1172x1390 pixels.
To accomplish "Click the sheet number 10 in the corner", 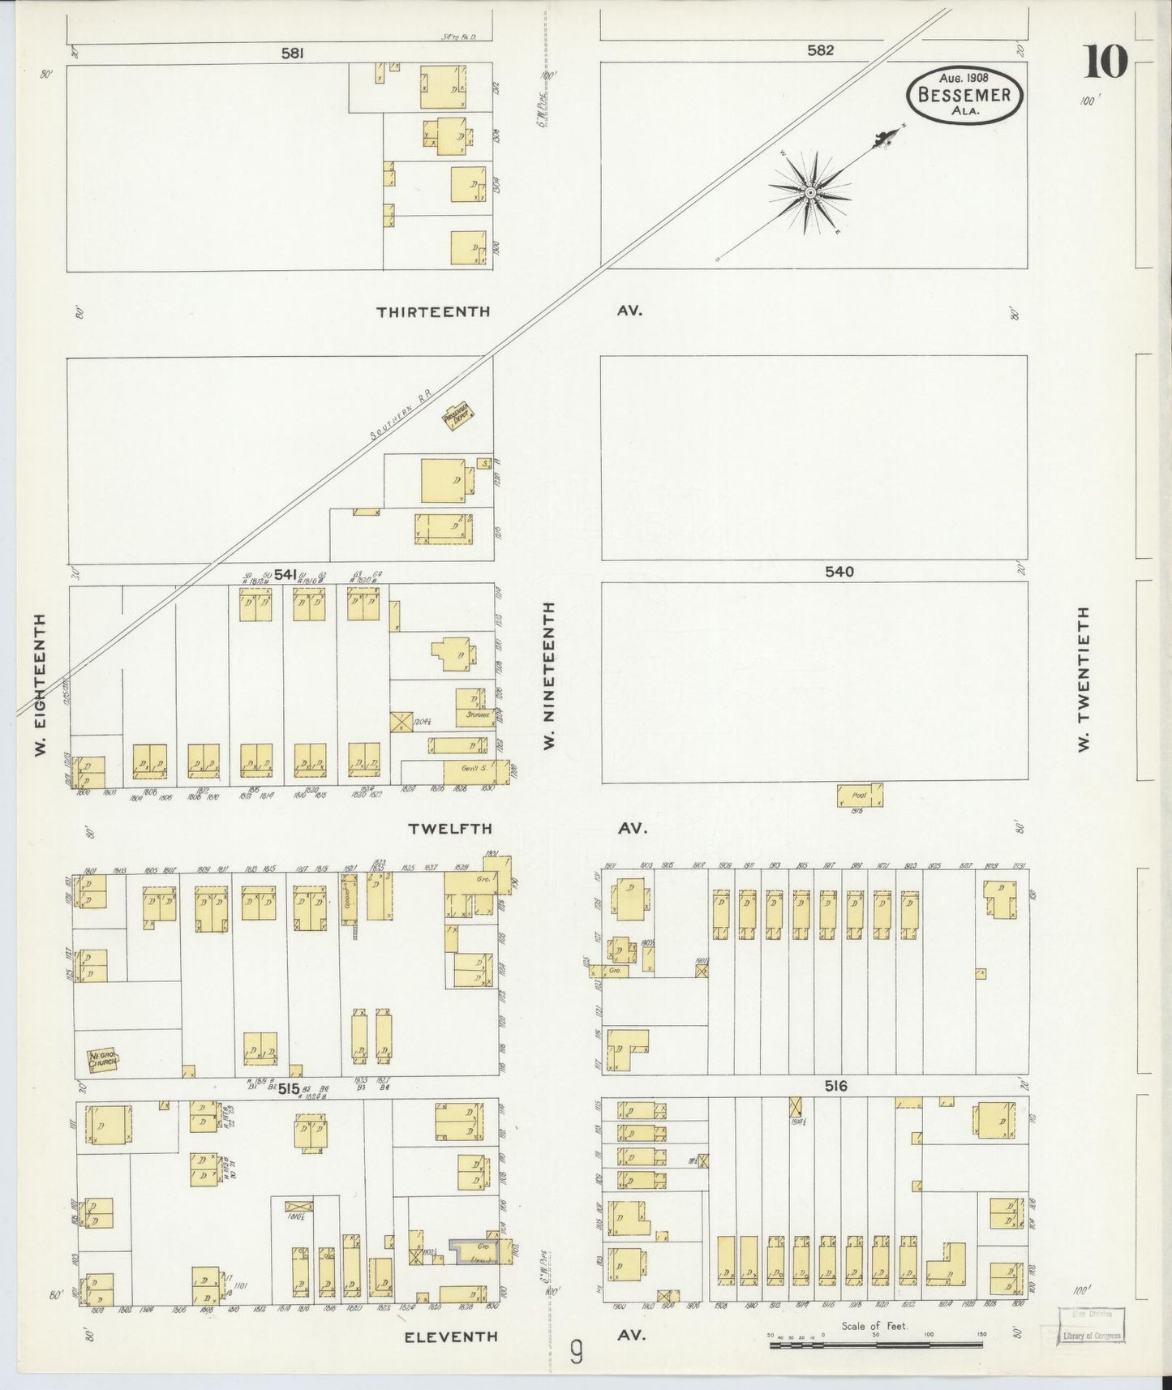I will click(x=1105, y=62).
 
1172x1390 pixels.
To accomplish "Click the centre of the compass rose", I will click(x=810, y=192).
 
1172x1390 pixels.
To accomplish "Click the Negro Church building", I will click(x=104, y=1059).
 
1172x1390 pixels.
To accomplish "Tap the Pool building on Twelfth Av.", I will click(x=859, y=796).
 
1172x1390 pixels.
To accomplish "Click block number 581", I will click(x=292, y=54).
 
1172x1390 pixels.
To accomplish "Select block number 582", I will click(x=820, y=50).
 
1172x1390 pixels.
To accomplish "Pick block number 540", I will click(x=839, y=572).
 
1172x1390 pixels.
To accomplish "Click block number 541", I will click(x=285, y=574).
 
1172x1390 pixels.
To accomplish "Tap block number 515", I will click(x=288, y=1089).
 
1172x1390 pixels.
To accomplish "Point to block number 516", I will click(x=835, y=1086).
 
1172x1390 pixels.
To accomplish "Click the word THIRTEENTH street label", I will click(x=433, y=311).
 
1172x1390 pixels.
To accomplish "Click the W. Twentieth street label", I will click(x=1082, y=679).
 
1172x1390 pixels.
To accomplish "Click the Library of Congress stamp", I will click(x=1092, y=1336).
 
